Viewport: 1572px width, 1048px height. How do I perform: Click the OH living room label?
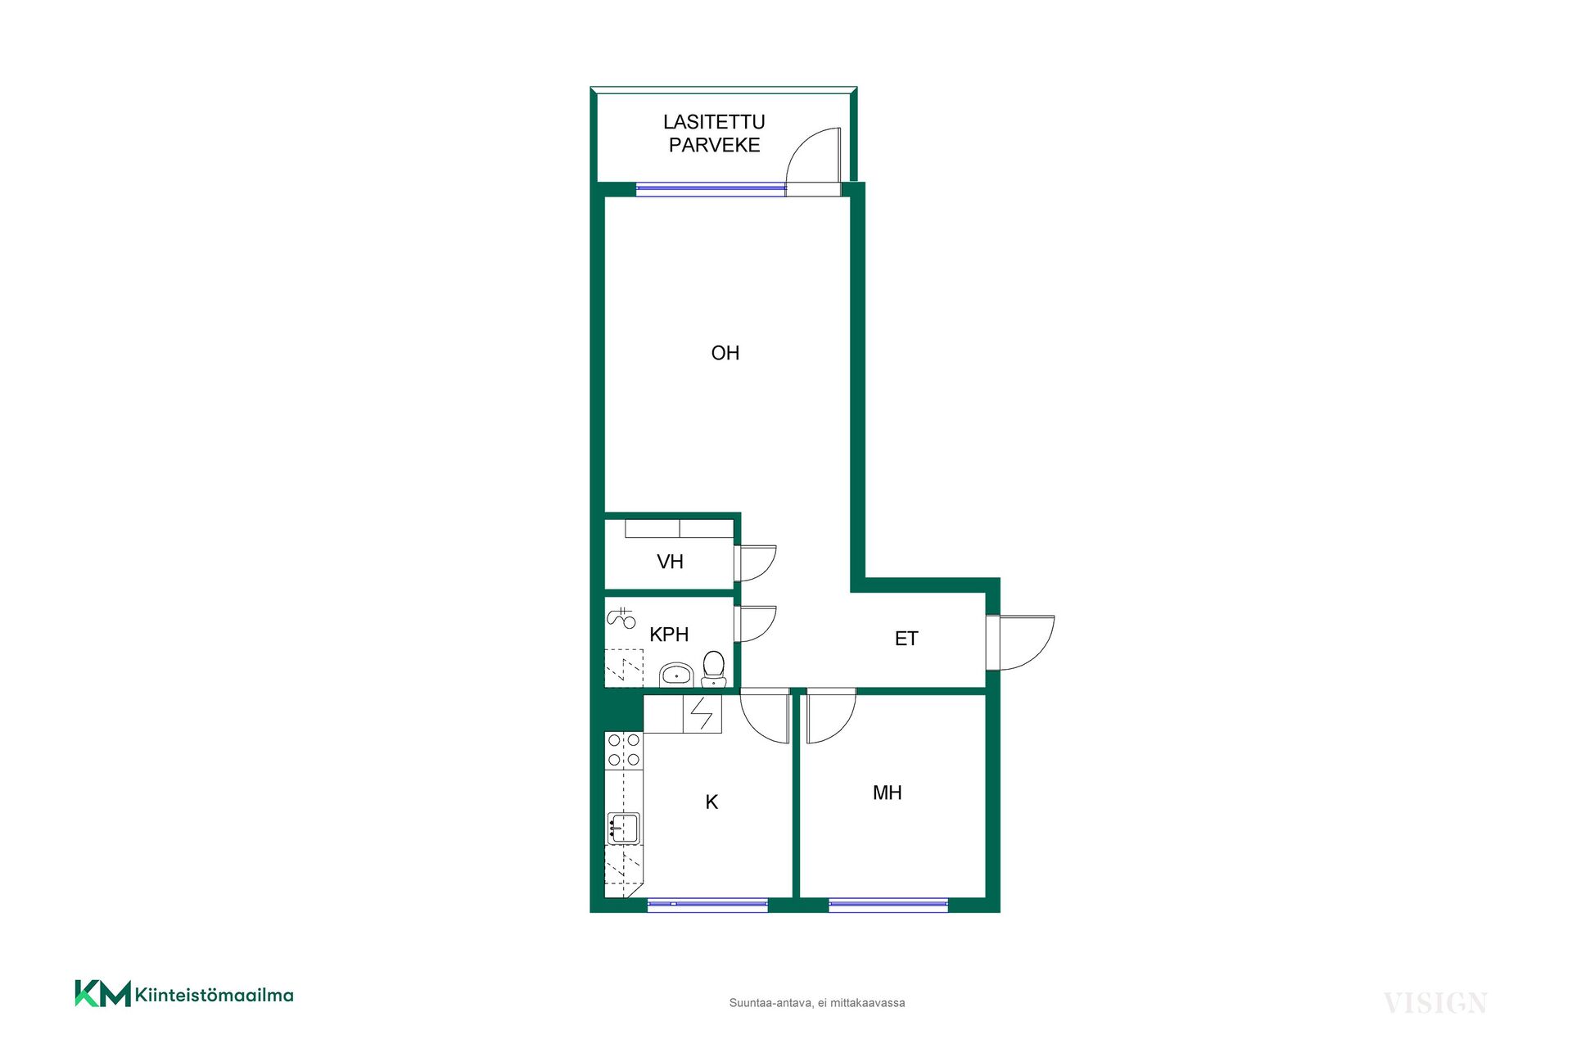[x=725, y=353]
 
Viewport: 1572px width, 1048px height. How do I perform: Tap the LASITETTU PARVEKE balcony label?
[x=714, y=133]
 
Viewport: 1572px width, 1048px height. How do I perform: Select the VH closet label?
[x=670, y=562]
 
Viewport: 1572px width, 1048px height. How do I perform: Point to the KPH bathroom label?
[x=669, y=635]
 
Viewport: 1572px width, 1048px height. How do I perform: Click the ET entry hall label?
[x=906, y=639]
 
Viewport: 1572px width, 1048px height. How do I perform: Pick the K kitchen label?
[x=711, y=802]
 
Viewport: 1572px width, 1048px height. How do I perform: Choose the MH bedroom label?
[x=888, y=793]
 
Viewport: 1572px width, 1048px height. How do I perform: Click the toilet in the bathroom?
[x=714, y=669]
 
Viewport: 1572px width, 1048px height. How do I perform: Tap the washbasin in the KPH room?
[x=676, y=675]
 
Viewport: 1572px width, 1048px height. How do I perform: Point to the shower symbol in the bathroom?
[x=621, y=617]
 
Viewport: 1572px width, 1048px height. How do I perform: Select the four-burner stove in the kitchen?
[x=624, y=750]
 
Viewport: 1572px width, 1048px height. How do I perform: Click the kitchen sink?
[x=623, y=829]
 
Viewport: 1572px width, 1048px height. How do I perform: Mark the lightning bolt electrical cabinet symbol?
[x=702, y=714]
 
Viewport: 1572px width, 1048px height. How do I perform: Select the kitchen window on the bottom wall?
[x=707, y=905]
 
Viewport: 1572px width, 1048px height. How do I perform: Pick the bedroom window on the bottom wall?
[x=888, y=905]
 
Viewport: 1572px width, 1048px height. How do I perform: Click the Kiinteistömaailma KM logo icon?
[x=103, y=993]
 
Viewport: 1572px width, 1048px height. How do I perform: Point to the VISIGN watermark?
[x=1435, y=1003]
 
